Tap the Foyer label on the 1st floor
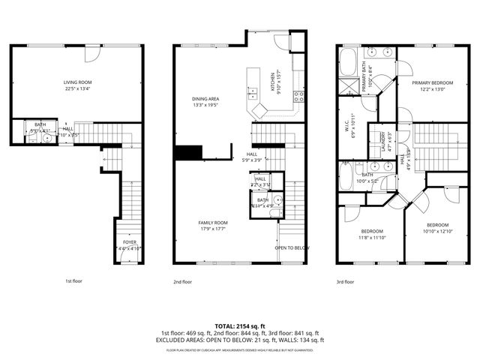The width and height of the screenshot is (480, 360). (x=130, y=244)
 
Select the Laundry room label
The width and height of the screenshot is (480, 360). (x=382, y=142)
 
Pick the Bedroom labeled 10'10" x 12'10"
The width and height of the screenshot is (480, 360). (x=438, y=228)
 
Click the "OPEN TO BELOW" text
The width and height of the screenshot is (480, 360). (x=292, y=247)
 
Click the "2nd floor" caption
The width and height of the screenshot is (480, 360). (x=182, y=282)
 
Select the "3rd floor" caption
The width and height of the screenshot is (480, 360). (x=345, y=282)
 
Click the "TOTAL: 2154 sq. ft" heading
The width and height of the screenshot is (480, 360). (x=240, y=326)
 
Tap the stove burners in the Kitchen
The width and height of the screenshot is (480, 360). (x=299, y=96)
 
